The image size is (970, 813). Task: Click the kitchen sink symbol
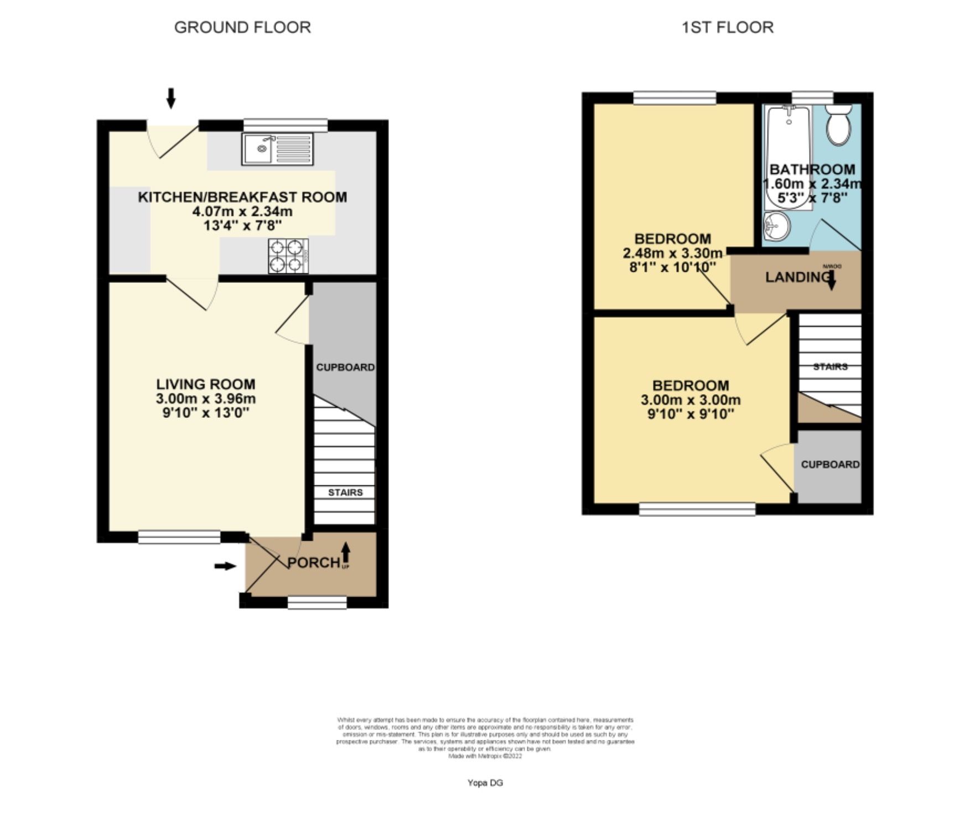[x=277, y=149]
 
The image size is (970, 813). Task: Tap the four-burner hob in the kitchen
[x=288, y=256]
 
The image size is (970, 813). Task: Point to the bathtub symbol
[x=788, y=158]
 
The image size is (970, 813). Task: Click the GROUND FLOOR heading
[x=242, y=28]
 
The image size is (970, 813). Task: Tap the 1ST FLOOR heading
[x=727, y=28]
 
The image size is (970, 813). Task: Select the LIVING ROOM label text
[x=205, y=384]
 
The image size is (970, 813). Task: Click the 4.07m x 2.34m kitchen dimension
[x=242, y=211]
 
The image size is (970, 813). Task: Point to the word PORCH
[x=313, y=563]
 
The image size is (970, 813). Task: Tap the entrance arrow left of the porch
[x=225, y=566]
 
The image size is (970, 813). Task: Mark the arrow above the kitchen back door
[x=171, y=98]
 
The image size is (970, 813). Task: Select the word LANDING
[x=796, y=277]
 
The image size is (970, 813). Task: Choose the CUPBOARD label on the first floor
[x=830, y=464]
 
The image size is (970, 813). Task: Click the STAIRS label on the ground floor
[x=345, y=493]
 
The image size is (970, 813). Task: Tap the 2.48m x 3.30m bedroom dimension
[x=672, y=253]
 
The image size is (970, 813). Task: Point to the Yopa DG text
[x=485, y=783]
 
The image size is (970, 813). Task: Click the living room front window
[x=179, y=536]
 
